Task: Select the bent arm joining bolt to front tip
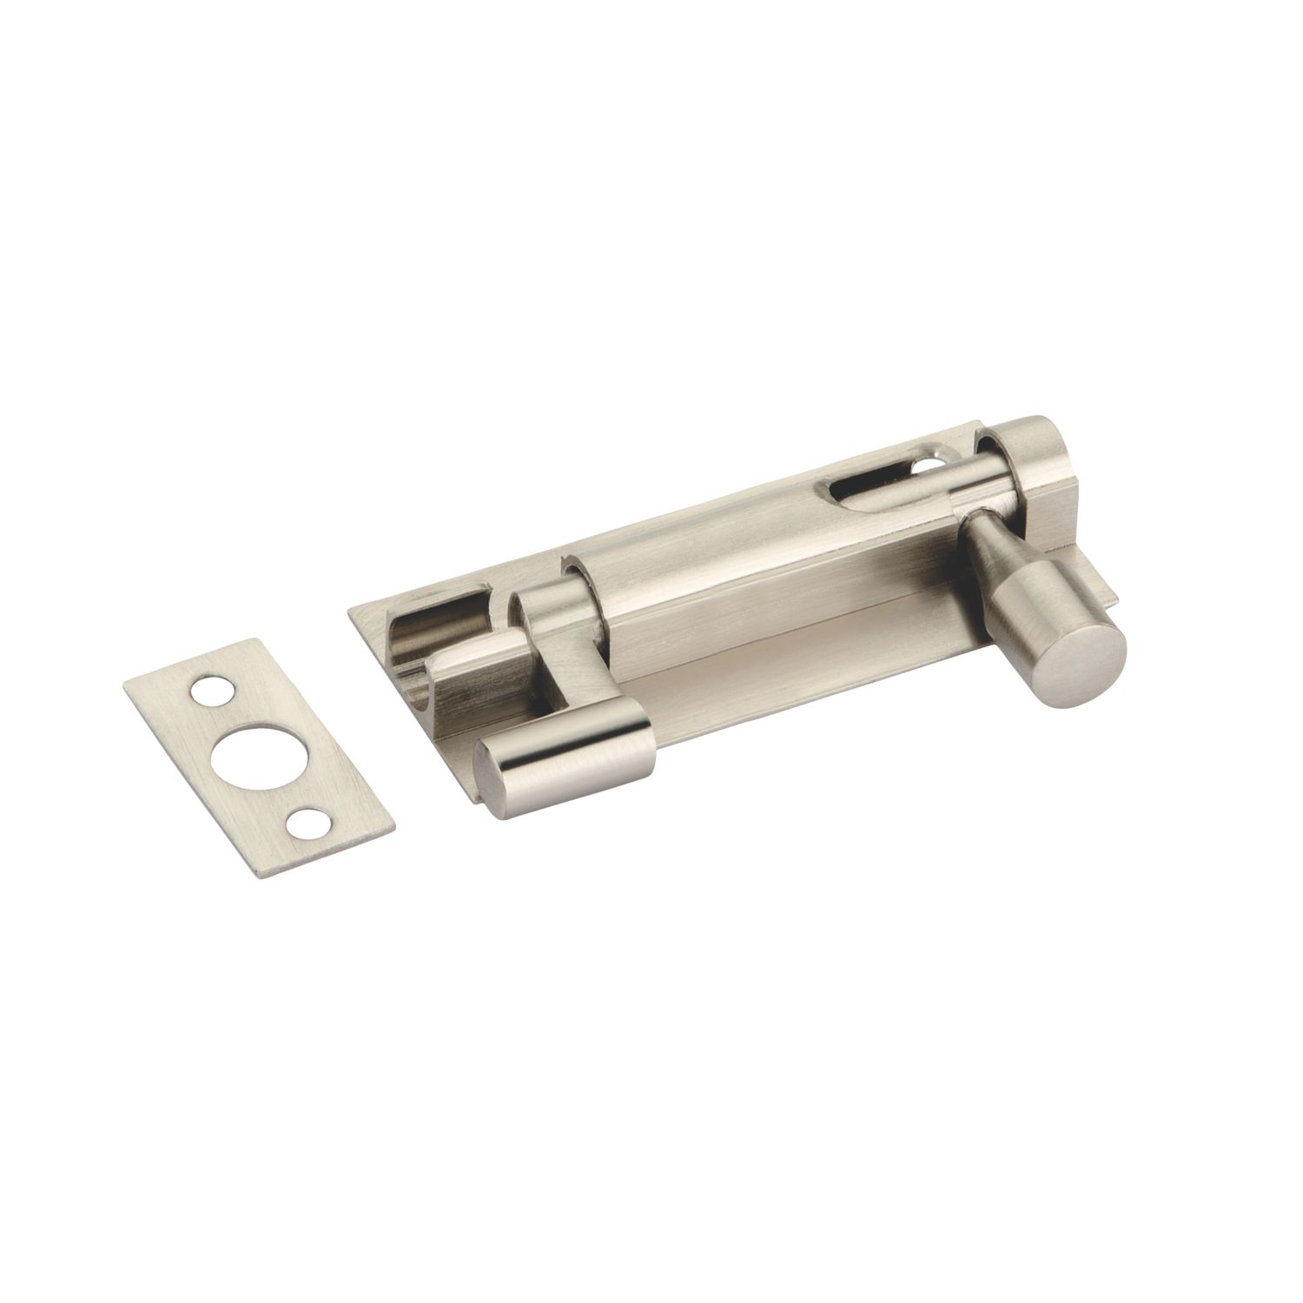(x=556, y=643)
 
